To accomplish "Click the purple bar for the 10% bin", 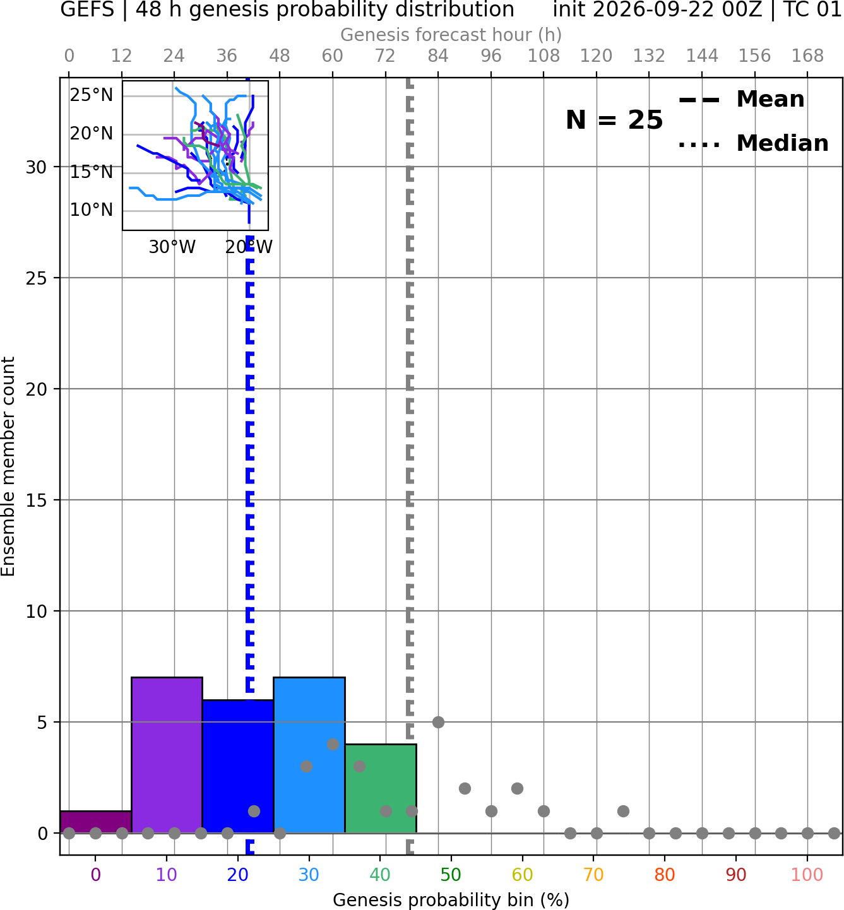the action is [167, 755].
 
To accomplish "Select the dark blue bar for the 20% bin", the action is [238, 766].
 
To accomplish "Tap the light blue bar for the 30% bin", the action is [309, 755].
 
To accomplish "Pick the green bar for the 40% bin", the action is [381, 789].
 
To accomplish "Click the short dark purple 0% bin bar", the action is [96, 822].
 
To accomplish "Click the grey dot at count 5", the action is [438, 722].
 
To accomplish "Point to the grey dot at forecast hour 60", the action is [333, 744].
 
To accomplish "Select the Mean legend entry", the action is [741, 99].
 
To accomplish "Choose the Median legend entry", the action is [754, 143].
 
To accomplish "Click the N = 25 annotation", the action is [614, 120].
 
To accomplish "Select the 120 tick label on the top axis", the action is [596, 56].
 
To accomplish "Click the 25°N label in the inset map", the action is [92, 95].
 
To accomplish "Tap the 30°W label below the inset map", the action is [172, 247].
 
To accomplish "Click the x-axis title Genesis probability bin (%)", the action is [451, 899].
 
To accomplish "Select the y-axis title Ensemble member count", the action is [8, 466].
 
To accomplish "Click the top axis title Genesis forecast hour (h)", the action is [451, 35].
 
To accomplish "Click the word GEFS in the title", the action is [87, 9].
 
